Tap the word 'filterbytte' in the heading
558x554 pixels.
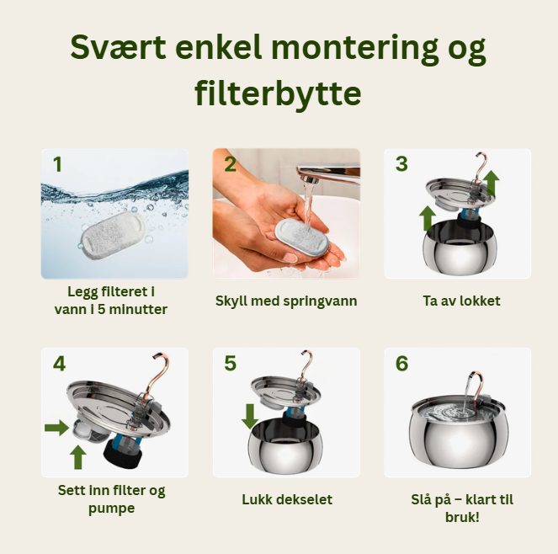point(279,93)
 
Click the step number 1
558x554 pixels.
point(57,164)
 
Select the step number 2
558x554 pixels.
point(231,164)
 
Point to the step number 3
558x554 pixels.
point(401,163)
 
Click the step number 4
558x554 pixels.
point(59,363)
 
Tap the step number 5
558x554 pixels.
point(231,363)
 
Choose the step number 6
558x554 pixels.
point(401,363)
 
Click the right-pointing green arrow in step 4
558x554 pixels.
point(56,429)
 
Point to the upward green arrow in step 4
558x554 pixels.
point(78,456)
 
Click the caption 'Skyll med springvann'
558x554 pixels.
point(286,301)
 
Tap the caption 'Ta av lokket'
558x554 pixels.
point(457,301)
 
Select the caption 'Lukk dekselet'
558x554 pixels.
point(286,499)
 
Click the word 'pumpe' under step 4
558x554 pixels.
point(111,509)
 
